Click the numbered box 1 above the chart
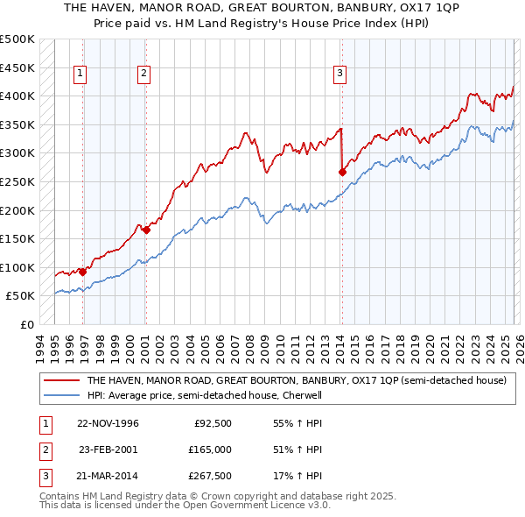click(80, 74)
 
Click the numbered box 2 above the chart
click(143, 74)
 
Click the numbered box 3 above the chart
click(339, 74)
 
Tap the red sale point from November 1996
click(83, 272)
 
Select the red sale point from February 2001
click(146, 230)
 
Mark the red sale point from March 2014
click(342, 173)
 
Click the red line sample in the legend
click(61, 381)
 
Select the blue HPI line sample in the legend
click(61, 395)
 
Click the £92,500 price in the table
click(213, 423)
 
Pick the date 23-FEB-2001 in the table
click(108, 450)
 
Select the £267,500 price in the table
click(210, 477)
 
